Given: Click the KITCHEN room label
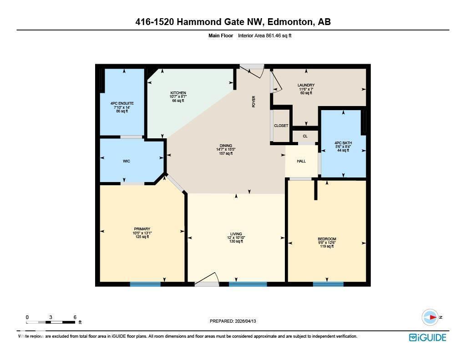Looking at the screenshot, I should click(x=178, y=93).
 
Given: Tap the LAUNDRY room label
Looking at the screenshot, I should click(x=306, y=85).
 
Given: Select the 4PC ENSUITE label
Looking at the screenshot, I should click(x=122, y=103).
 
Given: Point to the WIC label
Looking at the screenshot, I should click(x=127, y=161).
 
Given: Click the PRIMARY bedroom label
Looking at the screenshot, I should click(x=142, y=229).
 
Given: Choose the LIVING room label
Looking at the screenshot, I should click(x=236, y=234).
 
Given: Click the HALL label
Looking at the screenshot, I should click(x=301, y=161).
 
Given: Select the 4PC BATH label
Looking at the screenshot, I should click(x=343, y=143).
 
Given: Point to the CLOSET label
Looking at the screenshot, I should click(x=281, y=126).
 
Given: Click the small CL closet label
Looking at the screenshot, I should click(x=305, y=136).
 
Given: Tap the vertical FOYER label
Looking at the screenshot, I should click(x=254, y=101).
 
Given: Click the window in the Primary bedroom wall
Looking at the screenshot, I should click(x=145, y=284).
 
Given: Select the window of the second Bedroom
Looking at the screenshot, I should click(x=328, y=284).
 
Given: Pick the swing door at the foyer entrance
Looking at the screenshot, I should click(x=253, y=70).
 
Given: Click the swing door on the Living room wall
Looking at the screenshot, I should click(x=208, y=280).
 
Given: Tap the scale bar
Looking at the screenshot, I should click(x=51, y=322).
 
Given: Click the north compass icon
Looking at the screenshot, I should click(x=430, y=317).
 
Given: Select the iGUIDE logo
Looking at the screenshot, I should click(x=427, y=337).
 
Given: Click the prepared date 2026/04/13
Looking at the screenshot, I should click(x=233, y=321).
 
